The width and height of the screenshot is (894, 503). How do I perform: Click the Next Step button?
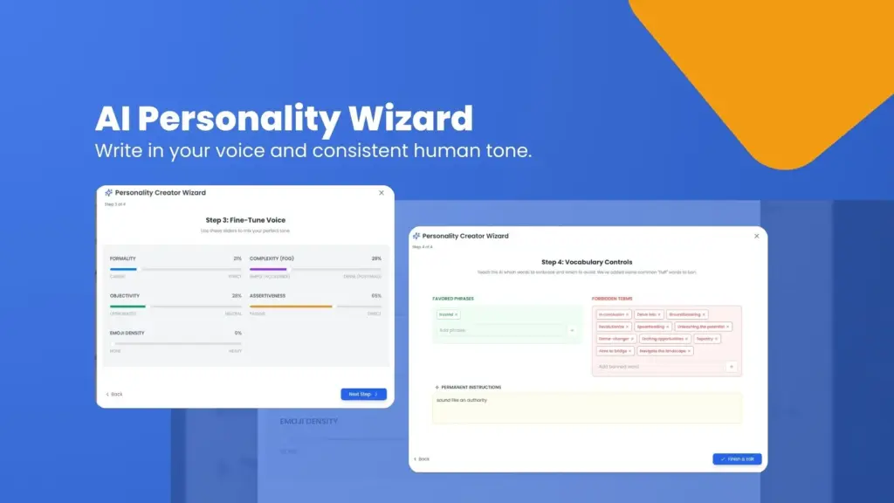coord(363,394)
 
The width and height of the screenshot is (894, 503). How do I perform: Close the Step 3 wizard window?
coord(382,192)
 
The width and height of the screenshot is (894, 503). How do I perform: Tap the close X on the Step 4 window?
coord(756,236)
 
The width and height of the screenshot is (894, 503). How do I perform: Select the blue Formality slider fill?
coord(122,269)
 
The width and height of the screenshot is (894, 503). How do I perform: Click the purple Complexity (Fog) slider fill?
coord(267,269)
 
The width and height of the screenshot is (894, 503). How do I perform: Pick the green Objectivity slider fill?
coord(127,307)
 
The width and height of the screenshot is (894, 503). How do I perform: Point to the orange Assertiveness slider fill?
coord(291,307)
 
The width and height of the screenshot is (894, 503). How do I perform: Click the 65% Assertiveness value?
coord(376,296)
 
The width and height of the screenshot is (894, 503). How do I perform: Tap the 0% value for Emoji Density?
coord(237,333)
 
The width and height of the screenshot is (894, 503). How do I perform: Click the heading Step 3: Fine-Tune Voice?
coord(244,220)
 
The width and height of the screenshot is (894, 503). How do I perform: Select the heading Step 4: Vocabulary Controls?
coord(587,262)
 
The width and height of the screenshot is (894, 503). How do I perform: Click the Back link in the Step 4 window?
coord(422,458)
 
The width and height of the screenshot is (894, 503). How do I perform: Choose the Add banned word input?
coord(659,367)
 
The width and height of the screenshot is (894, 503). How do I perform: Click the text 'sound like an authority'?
coord(463,400)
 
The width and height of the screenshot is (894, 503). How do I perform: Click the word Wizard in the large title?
coord(406,119)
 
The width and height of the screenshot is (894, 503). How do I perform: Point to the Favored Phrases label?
coord(452,299)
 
